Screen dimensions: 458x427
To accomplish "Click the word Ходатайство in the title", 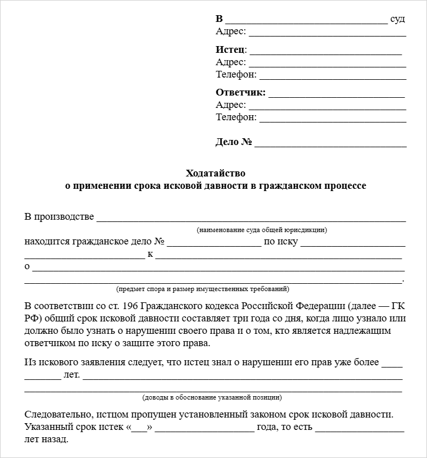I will tap(216, 173).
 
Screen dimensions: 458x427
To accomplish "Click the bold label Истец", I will tap(230, 50).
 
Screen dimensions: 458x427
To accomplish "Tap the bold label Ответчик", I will tap(240, 93).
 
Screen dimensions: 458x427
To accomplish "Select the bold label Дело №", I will tap(233, 142).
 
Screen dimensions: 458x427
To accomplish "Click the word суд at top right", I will tap(398, 19).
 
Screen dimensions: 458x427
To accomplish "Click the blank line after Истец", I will tap(325, 52).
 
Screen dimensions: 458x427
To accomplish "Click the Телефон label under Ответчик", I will tap(236, 117).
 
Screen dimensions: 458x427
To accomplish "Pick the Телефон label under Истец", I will tap(236, 74).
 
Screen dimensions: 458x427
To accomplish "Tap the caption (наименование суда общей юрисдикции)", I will tap(262, 230).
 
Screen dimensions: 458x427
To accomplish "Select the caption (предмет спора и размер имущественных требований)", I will tap(203, 289).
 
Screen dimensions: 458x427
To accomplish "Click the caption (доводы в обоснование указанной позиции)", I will tap(212, 397).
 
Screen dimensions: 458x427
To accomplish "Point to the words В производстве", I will tap(59, 217).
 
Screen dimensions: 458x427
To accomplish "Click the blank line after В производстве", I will tap(251, 220).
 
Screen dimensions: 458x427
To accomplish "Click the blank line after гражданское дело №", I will tap(214, 244).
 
